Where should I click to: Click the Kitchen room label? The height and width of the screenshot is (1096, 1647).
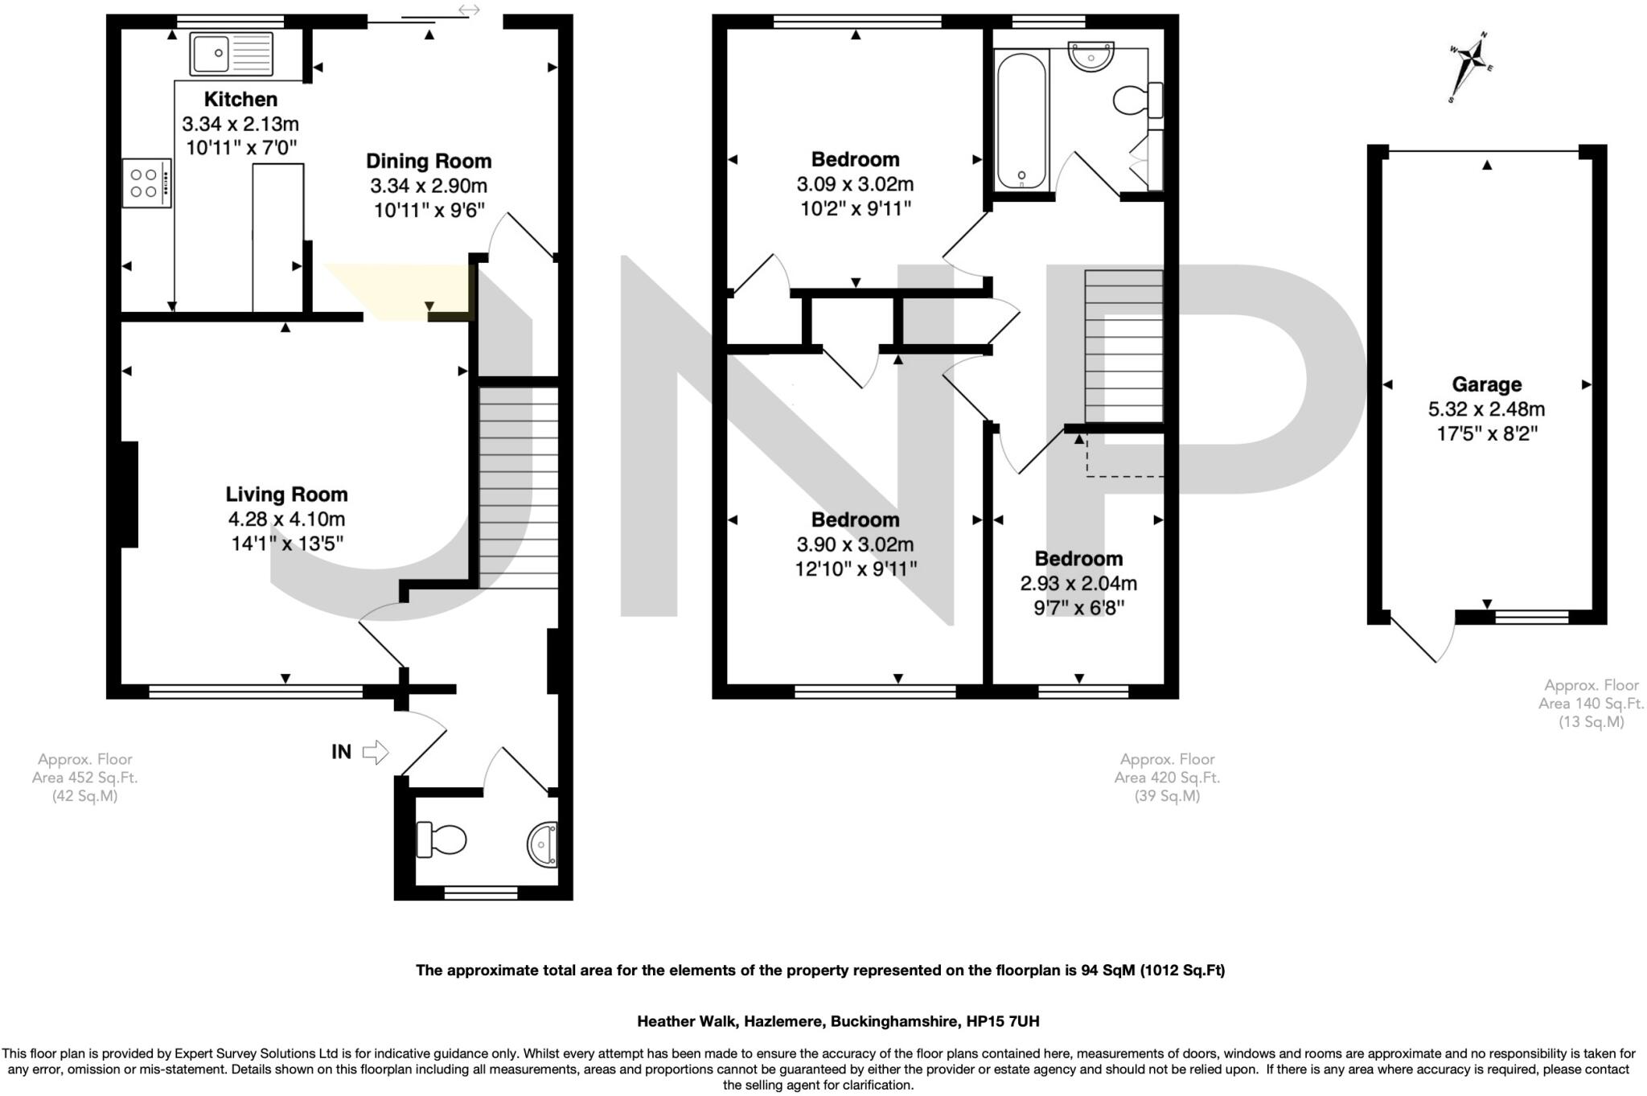pos(240,100)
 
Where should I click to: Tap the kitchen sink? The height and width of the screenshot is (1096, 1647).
pos(231,54)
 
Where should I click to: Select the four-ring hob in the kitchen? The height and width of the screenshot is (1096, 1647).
pos(146,183)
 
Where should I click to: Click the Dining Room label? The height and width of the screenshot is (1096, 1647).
pos(429,161)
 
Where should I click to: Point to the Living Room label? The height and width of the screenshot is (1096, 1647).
pos(286,495)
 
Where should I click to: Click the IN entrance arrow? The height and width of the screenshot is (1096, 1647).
pos(375,752)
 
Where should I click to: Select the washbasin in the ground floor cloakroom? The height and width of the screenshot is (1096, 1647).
pos(544,844)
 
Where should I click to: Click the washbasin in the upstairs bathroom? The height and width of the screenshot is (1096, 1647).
pos(1090,56)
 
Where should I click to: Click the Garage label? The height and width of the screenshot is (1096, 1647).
pos(1486,384)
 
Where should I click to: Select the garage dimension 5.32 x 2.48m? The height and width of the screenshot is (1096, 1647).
pos(1486,409)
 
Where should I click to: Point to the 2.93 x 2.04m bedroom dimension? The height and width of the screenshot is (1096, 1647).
pos(1078,584)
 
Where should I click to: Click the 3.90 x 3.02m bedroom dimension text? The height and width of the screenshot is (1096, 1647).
pos(855,545)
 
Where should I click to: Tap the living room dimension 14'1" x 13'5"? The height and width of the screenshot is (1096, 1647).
pos(287,544)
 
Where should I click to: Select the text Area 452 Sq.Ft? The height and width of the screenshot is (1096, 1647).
pos(84,778)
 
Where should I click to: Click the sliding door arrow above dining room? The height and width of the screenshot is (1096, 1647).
pos(469,10)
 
